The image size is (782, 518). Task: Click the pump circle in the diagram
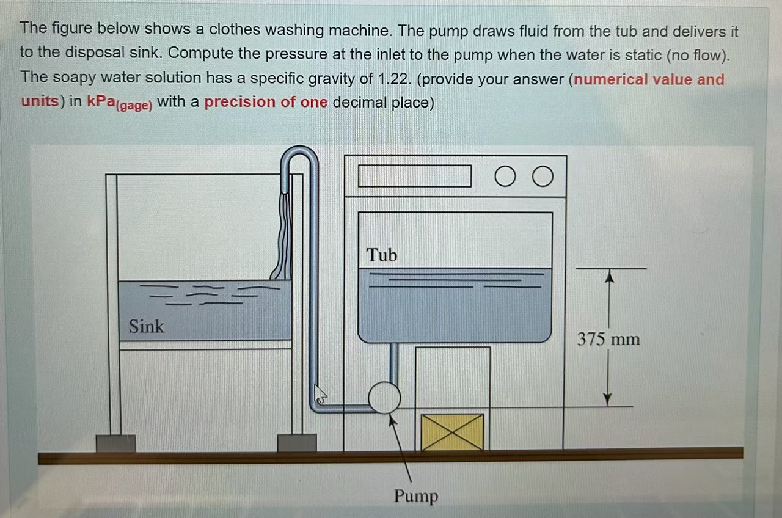click(x=385, y=398)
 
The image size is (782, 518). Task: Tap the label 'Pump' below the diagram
click(x=415, y=495)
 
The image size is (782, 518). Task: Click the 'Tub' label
click(x=382, y=255)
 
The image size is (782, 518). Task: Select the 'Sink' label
click(x=147, y=326)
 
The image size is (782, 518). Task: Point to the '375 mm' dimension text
click(x=608, y=338)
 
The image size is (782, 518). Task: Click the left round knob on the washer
click(x=505, y=177)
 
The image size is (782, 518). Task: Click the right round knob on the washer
click(x=543, y=177)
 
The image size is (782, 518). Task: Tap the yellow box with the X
click(x=452, y=432)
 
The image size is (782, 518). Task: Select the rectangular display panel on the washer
click(x=414, y=176)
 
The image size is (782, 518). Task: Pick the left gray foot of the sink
click(x=115, y=443)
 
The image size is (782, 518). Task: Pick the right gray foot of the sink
click(x=297, y=443)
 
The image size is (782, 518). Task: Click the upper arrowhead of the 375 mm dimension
click(x=608, y=277)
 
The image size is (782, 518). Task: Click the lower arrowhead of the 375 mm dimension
click(x=607, y=398)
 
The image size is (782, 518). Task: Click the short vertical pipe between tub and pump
click(x=394, y=362)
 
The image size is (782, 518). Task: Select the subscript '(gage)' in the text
click(x=134, y=105)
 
